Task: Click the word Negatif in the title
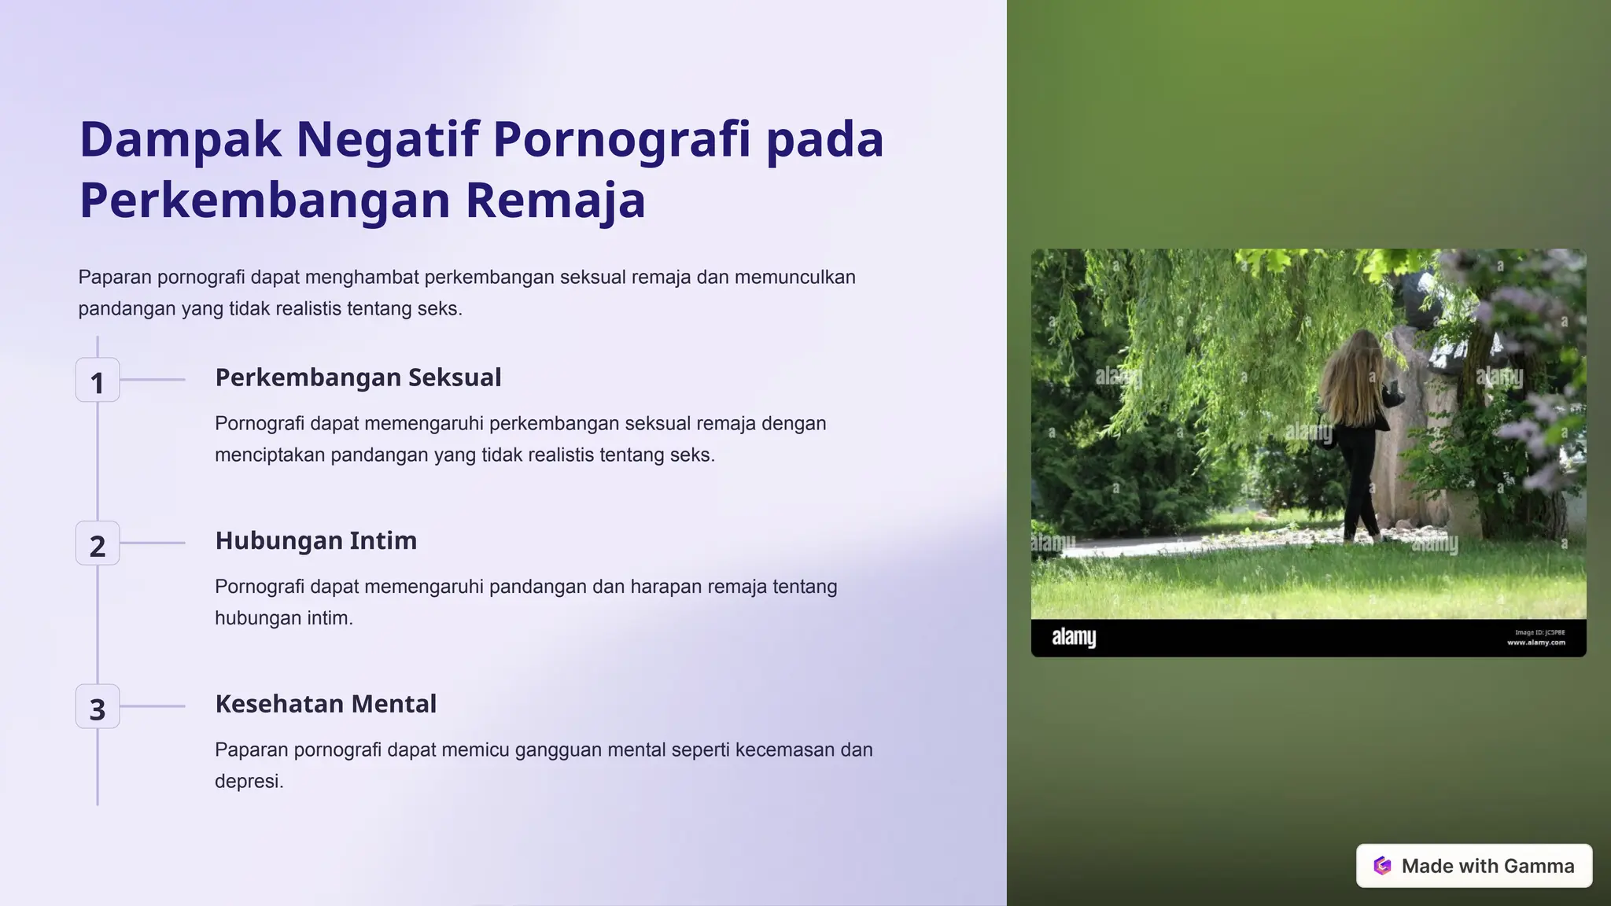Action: (x=386, y=139)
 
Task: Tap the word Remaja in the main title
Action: (x=555, y=201)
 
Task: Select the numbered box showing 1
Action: (x=98, y=381)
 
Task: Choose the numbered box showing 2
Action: (x=98, y=543)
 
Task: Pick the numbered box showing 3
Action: (x=98, y=707)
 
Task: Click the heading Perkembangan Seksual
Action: (x=358, y=377)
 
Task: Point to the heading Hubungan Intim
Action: (x=315, y=541)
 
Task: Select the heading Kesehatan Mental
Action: (x=326, y=704)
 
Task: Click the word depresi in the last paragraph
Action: (x=248, y=781)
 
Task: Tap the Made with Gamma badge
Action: (x=1473, y=866)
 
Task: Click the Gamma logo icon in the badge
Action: (x=1382, y=866)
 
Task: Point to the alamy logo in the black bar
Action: (x=1074, y=637)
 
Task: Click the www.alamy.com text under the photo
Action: (x=1535, y=643)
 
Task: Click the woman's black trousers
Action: (x=1358, y=480)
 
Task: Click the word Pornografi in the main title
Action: (x=621, y=139)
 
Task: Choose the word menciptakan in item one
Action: (x=270, y=455)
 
